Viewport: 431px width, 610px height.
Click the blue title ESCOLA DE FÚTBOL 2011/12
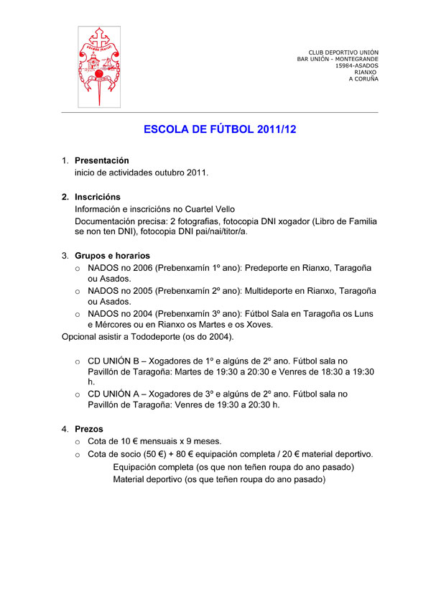tap(221, 130)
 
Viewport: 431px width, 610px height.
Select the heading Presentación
tap(102, 161)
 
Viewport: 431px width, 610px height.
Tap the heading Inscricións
tap(98, 197)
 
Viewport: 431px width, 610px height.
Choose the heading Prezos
tap(88, 429)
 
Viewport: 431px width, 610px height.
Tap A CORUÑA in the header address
tap(363, 79)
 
